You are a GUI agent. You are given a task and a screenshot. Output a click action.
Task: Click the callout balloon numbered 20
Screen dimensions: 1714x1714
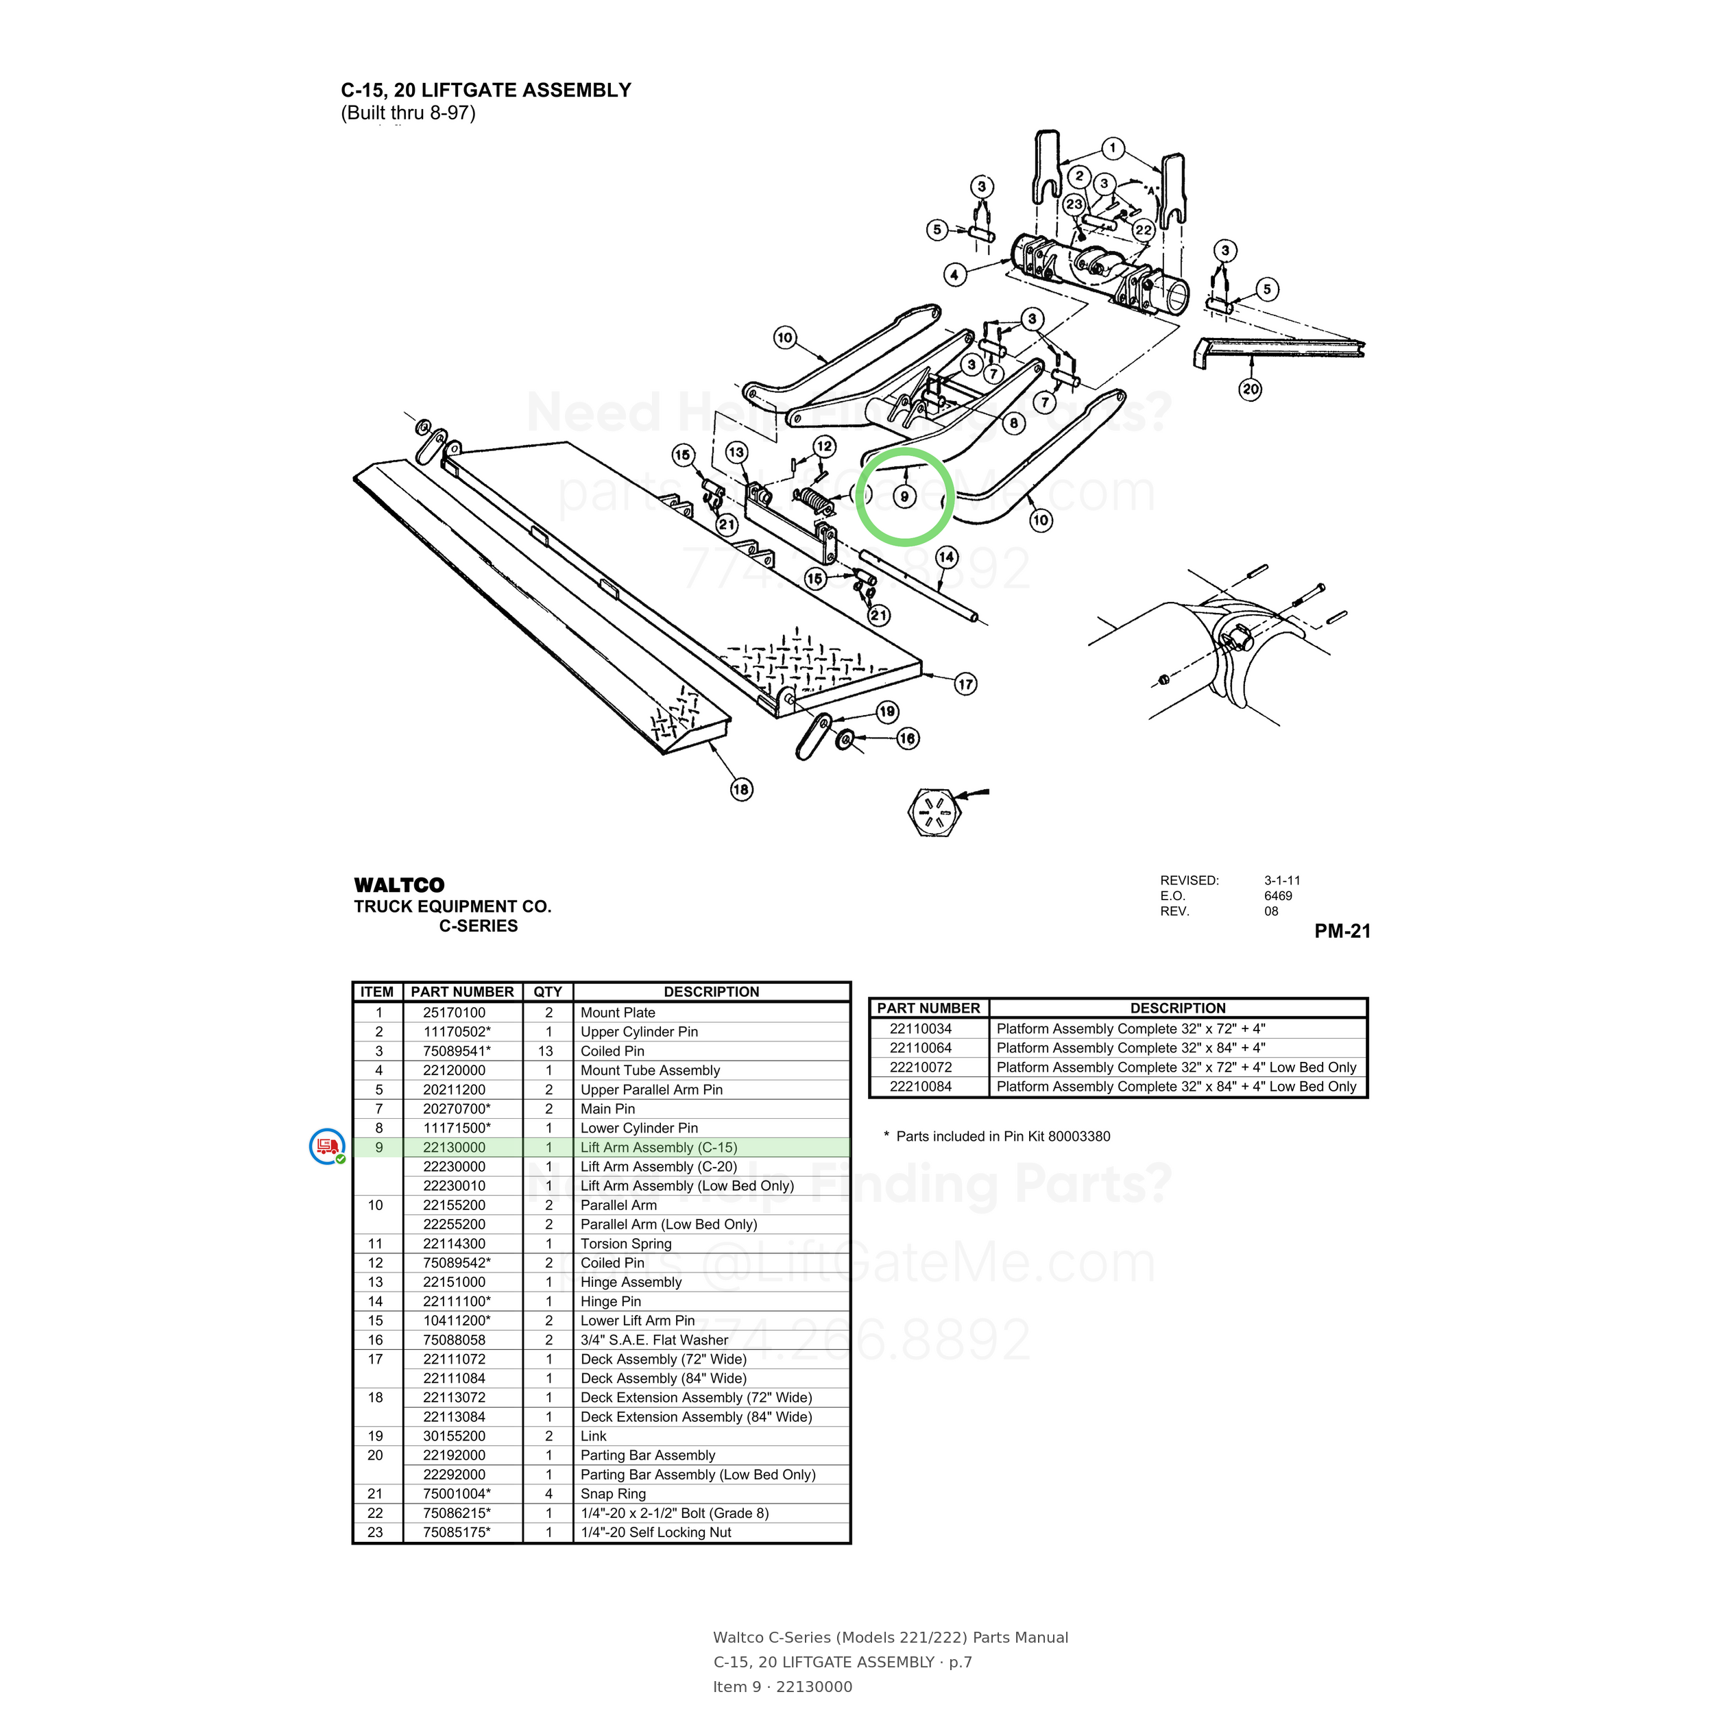click(x=1250, y=389)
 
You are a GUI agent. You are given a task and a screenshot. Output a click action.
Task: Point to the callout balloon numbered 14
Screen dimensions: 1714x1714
click(x=947, y=557)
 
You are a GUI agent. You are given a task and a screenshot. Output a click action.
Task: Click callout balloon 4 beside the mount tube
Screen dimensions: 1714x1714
click(x=954, y=274)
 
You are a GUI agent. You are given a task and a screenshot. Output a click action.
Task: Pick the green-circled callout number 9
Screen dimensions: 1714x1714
click(x=904, y=496)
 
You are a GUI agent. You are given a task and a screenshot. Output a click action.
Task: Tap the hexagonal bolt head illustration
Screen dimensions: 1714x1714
click(x=935, y=811)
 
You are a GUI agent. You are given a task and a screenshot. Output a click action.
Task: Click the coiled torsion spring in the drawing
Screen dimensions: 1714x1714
click(x=814, y=502)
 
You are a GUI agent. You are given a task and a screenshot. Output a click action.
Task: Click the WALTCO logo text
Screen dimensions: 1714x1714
click(x=399, y=884)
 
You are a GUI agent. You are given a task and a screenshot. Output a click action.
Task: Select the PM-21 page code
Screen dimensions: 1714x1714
click(x=1342, y=930)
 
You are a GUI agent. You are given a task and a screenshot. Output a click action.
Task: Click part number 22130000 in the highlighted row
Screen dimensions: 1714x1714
click(x=455, y=1147)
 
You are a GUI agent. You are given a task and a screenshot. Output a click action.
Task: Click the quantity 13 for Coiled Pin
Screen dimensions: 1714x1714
click(x=546, y=1051)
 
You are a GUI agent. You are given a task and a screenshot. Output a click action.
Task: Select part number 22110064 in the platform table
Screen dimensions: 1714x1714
click(x=921, y=1048)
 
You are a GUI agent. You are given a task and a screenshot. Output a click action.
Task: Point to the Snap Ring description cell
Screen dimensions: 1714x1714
click(x=613, y=1494)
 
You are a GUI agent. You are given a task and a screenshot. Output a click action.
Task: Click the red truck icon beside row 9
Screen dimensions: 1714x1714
click(x=327, y=1146)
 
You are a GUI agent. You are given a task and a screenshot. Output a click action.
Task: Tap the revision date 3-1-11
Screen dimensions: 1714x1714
click(x=1282, y=880)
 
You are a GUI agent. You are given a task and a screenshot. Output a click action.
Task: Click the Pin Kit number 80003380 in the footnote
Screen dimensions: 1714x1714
click(x=1078, y=1137)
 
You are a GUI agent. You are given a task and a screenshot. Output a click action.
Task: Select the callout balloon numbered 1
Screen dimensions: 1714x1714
click(x=1113, y=148)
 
